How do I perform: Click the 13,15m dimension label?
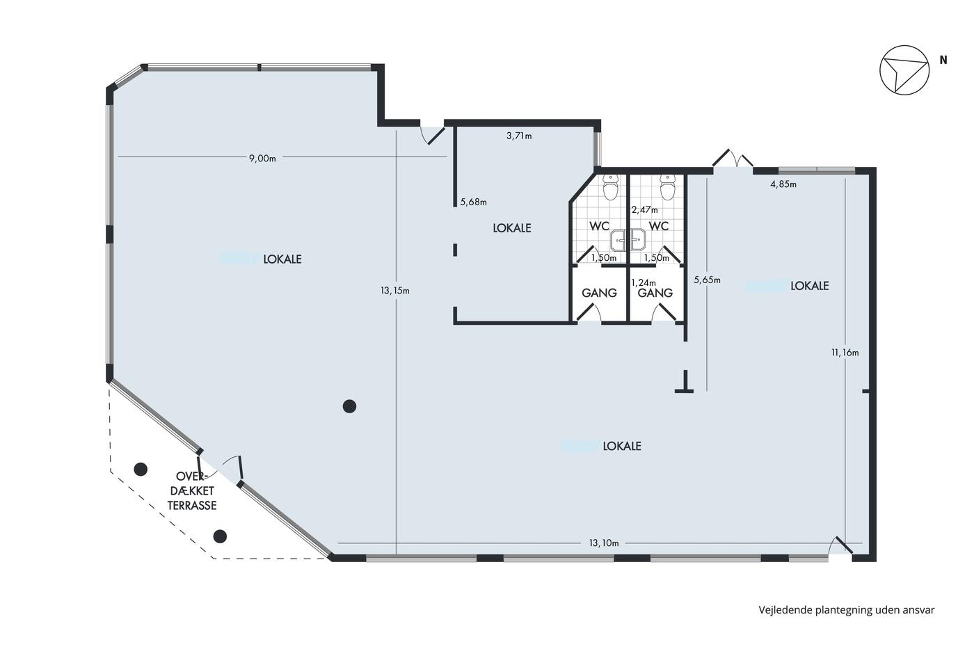point(395,291)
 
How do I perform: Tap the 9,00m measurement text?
point(262,159)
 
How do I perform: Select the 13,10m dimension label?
point(604,543)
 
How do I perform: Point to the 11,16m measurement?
point(845,353)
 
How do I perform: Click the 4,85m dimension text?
point(783,184)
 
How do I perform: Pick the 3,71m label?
point(519,136)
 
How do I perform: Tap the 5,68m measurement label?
point(474,202)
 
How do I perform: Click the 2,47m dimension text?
point(644,210)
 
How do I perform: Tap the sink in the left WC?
point(618,241)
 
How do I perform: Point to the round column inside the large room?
point(349,406)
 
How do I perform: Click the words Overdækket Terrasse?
point(192,490)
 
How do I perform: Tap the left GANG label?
point(599,293)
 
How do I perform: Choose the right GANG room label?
point(655,293)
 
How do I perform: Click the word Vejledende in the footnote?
point(785,610)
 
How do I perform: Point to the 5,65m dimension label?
point(707,280)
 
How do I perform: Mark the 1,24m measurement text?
point(644,283)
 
